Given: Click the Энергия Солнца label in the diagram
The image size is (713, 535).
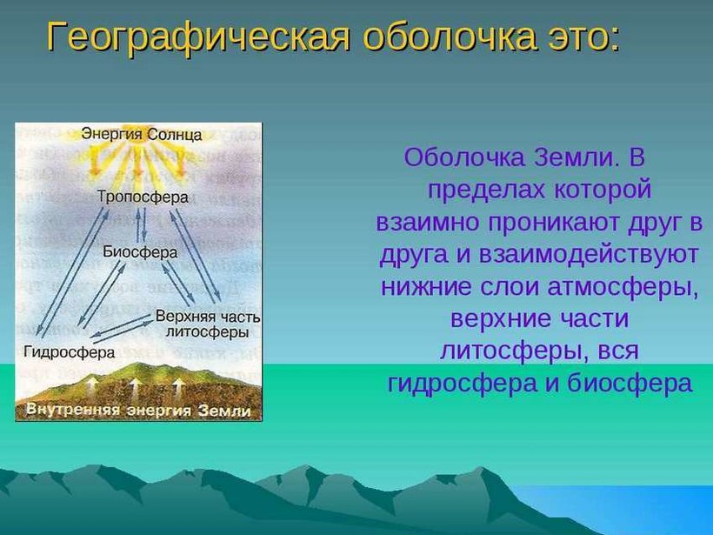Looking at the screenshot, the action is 142,135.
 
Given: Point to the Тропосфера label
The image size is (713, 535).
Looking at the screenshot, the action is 143,197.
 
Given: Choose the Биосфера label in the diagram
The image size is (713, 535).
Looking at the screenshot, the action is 140,251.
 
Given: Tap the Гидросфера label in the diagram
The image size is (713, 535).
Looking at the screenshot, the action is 69,352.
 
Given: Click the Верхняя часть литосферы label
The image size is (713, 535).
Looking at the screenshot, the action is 208,324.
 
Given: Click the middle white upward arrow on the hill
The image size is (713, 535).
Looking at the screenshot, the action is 135,389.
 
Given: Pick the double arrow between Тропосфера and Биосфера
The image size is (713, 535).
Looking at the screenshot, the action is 142,224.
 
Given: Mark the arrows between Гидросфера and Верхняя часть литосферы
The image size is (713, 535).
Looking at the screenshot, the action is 122,328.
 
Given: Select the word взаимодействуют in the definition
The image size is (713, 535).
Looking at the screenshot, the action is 588,255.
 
